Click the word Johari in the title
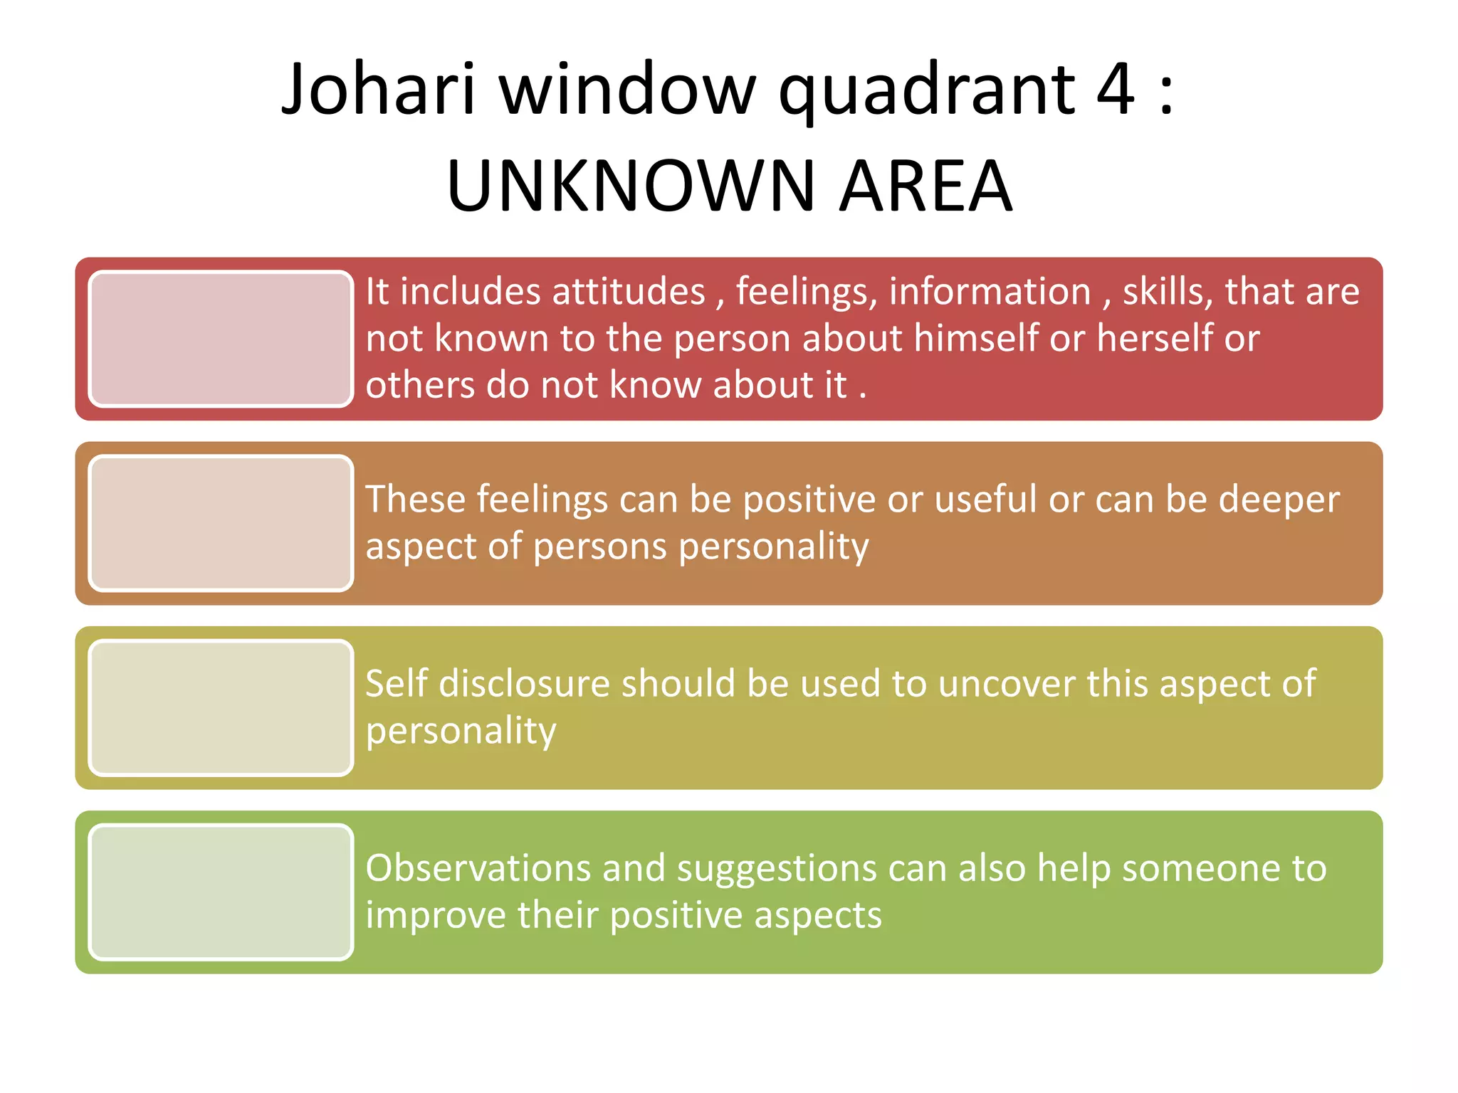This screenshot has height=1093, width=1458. pyautogui.click(x=378, y=90)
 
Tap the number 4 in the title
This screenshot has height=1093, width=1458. pyautogui.click(x=1115, y=90)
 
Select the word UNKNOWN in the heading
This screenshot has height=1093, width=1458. pyautogui.click(x=630, y=186)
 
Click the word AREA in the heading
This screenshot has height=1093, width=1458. pyautogui.click(x=925, y=186)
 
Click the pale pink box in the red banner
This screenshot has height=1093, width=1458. pyautogui.click(x=221, y=339)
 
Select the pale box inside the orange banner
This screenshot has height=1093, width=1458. pyautogui.click(x=221, y=523)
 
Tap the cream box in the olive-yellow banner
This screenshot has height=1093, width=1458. pyautogui.click(x=221, y=707)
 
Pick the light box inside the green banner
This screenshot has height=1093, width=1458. pyautogui.click(x=221, y=892)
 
